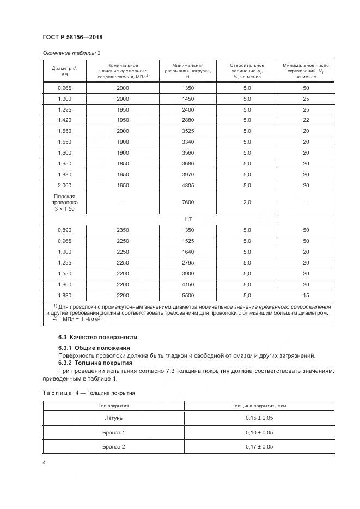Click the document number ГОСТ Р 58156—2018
pyautogui.click(x=72, y=37)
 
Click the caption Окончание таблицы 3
pyautogui.click(x=70, y=53)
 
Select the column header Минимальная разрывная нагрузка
pyautogui.click(x=187, y=71)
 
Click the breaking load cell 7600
pyautogui.click(x=187, y=202)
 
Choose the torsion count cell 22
pyautogui.click(x=306, y=120)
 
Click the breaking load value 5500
pyautogui.click(x=187, y=295)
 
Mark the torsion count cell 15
pyautogui.click(x=306, y=295)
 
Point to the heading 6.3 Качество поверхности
pyautogui.click(x=98, y=337)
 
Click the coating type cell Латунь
pyautogui.click(x=114, y=418)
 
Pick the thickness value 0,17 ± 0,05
pyautogui.click(x=259, y=447)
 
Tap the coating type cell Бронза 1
pyautogui.click(x=114, y=433)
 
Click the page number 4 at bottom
pyautogui.click(x=44, y=463)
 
